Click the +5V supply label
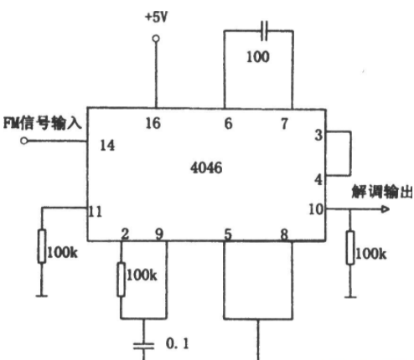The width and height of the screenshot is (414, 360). point(157,18)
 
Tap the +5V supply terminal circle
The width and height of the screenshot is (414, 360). point(156,39)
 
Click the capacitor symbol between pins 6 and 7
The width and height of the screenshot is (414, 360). point(264,30)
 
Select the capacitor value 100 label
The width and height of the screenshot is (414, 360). point(258,57)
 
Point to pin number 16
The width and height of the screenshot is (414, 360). point(153,123)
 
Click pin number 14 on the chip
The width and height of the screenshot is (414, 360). point(107,145)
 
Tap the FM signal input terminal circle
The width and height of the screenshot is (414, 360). point(24,141)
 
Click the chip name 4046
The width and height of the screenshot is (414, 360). point(206,167)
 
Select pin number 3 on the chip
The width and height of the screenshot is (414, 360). point(318,135)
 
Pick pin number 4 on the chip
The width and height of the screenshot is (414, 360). point(318,179)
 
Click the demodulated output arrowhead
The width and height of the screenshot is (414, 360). point(386,209)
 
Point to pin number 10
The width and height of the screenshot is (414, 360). point(316,209)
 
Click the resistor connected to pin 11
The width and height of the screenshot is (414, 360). point(42,246)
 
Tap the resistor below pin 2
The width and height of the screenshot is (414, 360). point(121,279)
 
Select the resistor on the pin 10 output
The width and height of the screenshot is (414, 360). point(350,248)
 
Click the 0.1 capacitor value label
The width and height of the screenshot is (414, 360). point(177,343)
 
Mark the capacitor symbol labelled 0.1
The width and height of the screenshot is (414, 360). point(143,346)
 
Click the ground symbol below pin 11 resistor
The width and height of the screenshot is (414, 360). point(42,296)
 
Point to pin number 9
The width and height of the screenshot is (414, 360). point(159,234)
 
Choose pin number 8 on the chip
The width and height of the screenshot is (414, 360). point(284,234)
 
